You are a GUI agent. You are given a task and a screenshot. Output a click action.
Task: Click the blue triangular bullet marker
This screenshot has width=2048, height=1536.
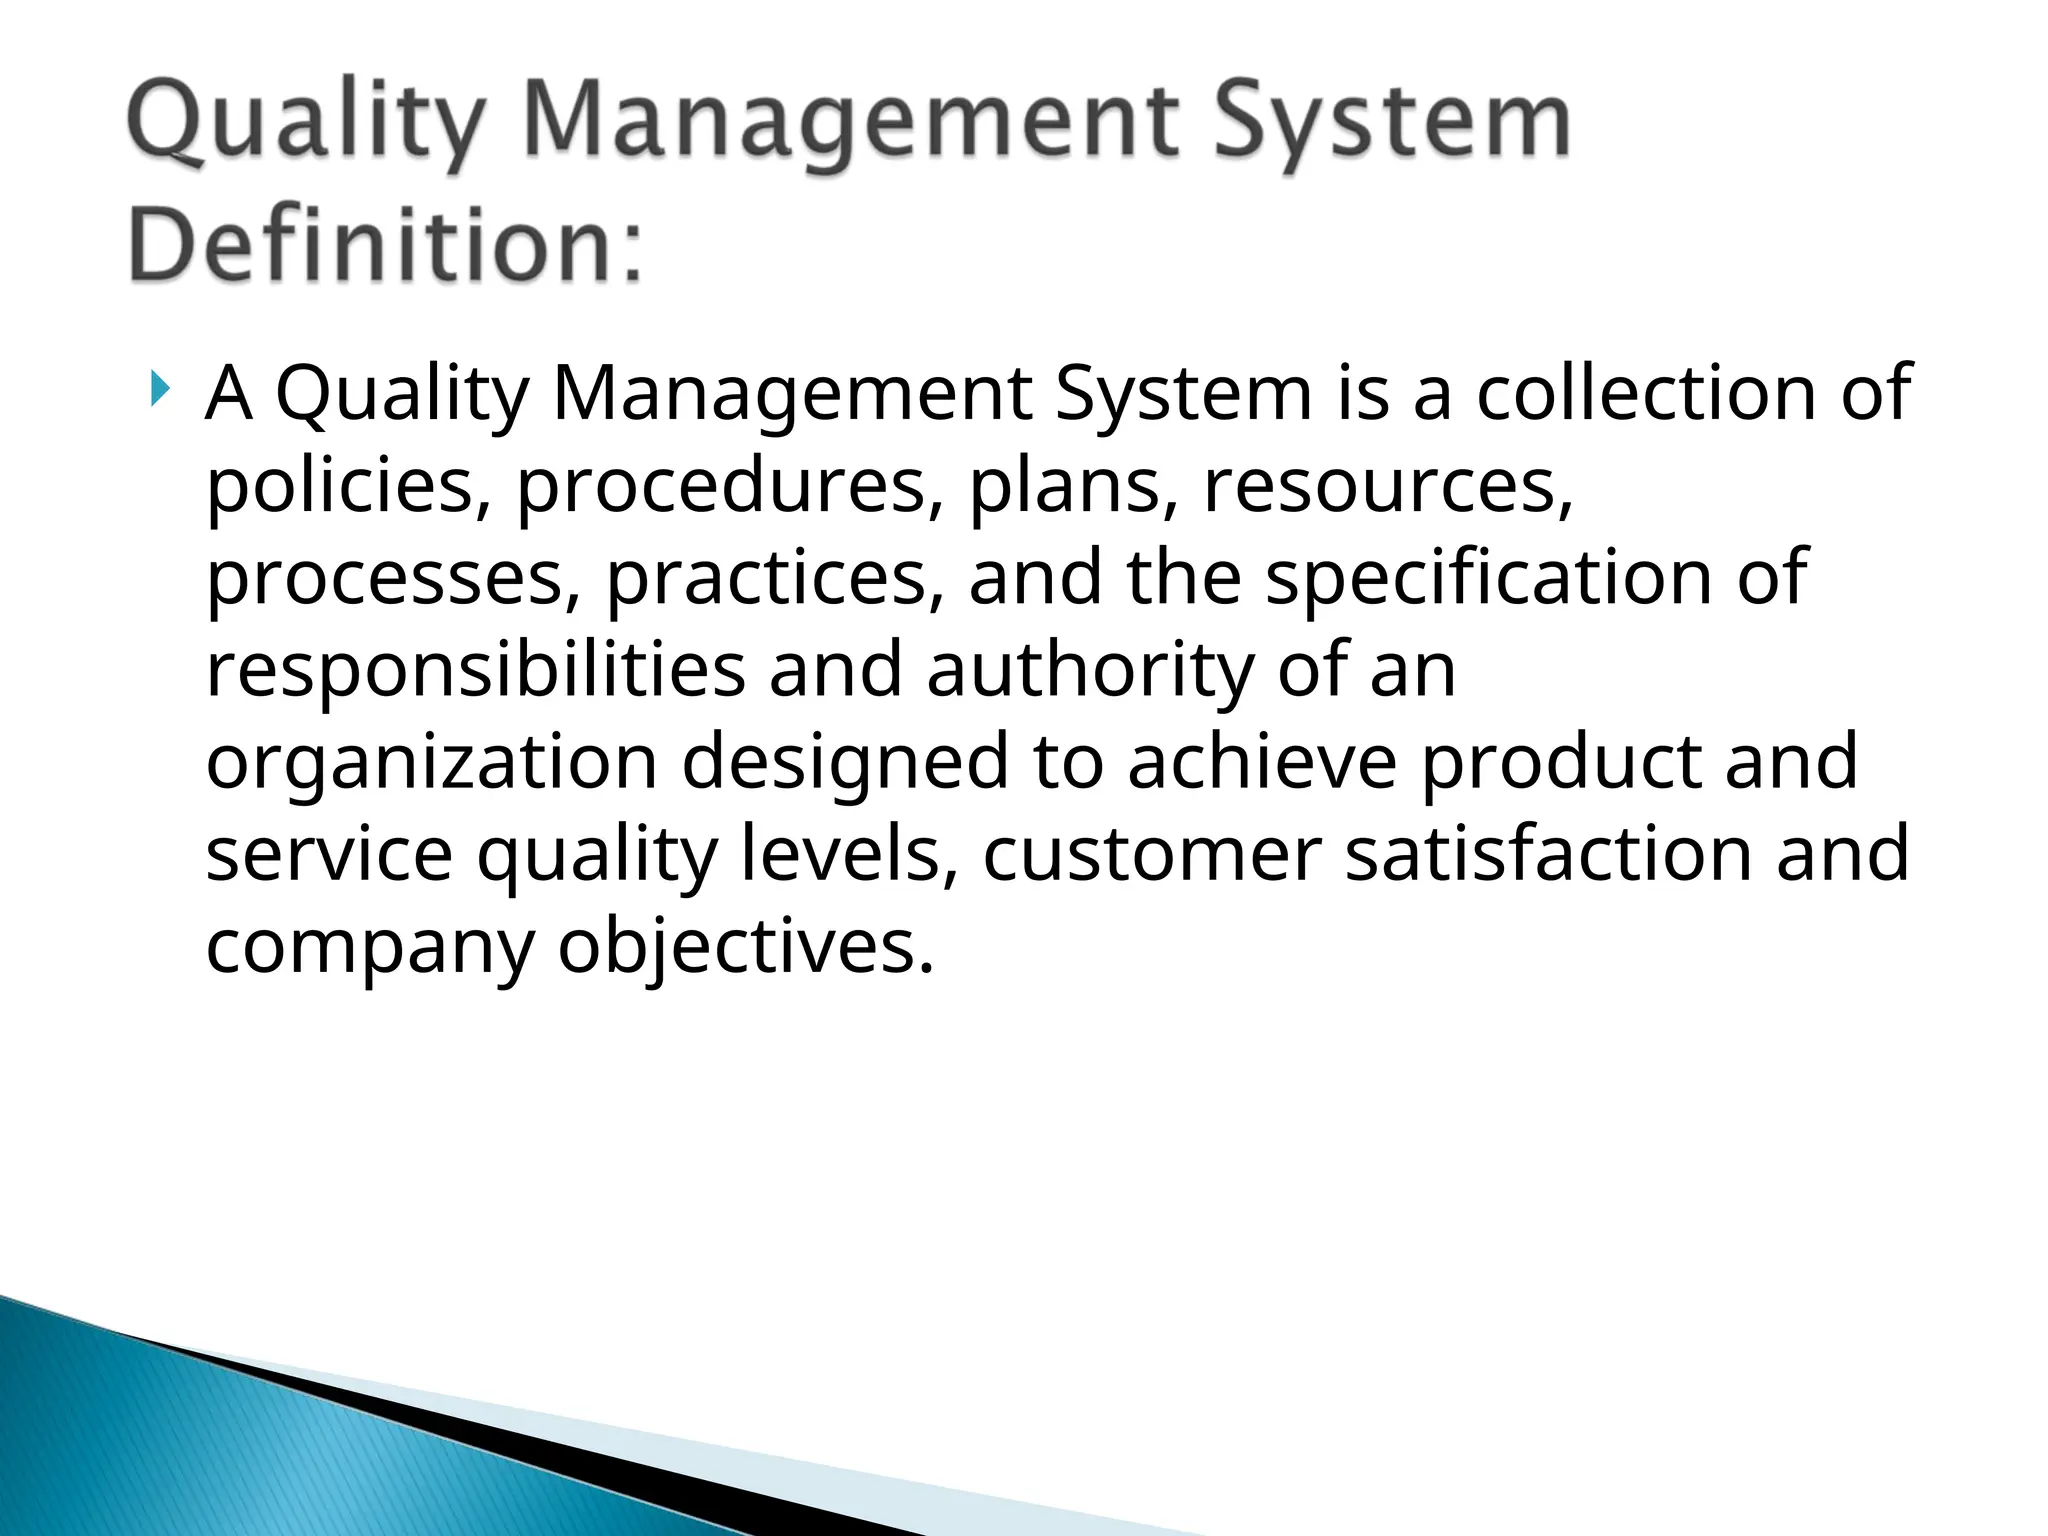click(x=160, y=389)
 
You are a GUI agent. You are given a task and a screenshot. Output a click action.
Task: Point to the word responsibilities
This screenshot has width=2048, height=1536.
click(x=476, y=670)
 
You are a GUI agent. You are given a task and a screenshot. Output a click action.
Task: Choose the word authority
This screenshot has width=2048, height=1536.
click(x=1090, y=670)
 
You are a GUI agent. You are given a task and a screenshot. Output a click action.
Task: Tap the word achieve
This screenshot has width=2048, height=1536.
click(x=1262, y=762)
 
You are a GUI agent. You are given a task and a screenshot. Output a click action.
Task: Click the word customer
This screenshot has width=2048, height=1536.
click(x=1152, y=854)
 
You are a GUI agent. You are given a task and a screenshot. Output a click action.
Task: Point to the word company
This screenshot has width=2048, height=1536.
click(x=370, y=948)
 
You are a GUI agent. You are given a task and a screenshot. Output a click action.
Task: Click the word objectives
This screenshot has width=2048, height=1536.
click(x=745, y=948)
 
